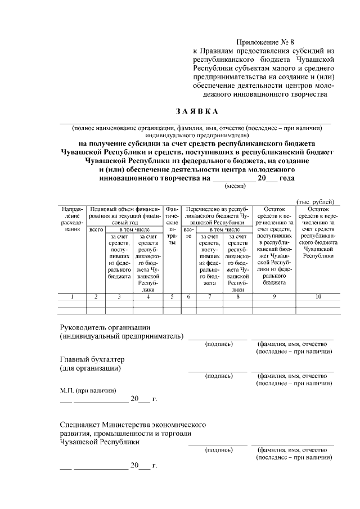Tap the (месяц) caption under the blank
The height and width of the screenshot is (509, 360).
click(235, 186)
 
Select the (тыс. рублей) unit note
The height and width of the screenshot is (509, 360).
click(316, 201)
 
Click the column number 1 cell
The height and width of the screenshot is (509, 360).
click(71, 296)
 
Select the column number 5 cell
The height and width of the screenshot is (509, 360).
click(172, 296)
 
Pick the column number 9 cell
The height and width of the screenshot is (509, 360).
click(274, 296)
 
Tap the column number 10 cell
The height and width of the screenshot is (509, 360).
click(318, 296)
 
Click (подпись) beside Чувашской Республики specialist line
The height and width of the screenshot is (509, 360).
click(219, 450)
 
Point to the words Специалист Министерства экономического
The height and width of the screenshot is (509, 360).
click(133, 424)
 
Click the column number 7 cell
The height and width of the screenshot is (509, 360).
click(209, 296)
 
